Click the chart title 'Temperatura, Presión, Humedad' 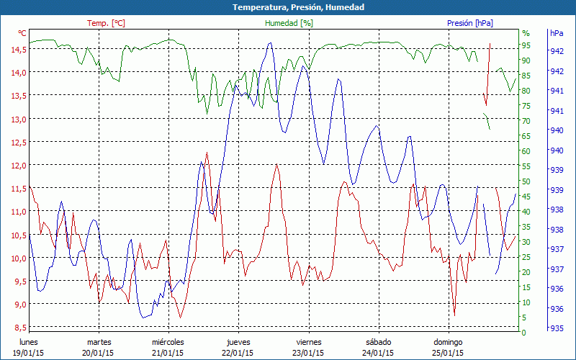(288, 7)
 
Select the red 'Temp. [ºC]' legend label (106, 23)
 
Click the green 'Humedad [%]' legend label (289, 23)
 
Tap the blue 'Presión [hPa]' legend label (470, 23)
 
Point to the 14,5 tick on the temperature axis (18, 49)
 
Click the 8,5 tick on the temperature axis (18, 328)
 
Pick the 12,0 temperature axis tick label (18, 165)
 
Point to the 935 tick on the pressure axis (557, 328)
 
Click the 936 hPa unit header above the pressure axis (557, 33)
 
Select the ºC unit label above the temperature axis (22, 33)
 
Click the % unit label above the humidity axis (526, 33)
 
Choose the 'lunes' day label (29, 342)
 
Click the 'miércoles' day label (168, 342)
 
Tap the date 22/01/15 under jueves (238, 353)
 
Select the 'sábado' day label (378, 342)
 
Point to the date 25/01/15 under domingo (448, 353)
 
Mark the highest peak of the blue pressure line (270, 42)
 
